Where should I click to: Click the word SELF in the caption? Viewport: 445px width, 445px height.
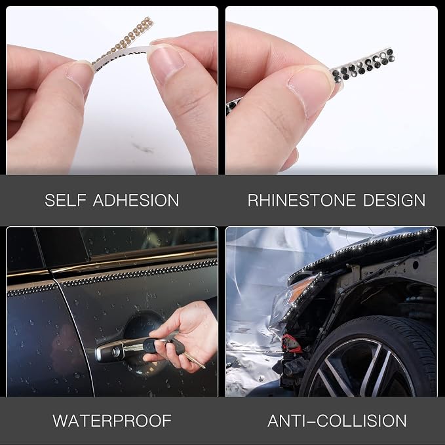pos(66,200)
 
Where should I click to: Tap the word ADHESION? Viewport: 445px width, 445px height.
pos(136,200)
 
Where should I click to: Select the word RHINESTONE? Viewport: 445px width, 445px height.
pos(301,200)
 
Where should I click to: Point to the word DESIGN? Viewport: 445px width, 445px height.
pos(394,200)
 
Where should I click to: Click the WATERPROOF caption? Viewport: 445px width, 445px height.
pos(112,421)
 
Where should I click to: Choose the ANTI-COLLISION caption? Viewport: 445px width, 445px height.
pos(337,421)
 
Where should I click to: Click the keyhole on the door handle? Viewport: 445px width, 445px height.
pos(116,352)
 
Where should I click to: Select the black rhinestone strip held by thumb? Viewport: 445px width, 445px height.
pos(362,66)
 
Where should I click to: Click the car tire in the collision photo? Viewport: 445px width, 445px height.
pos(369,358)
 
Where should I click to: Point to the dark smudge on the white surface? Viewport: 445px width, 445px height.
pos(144,147)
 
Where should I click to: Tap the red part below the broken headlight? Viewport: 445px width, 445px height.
pos(291,343)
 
